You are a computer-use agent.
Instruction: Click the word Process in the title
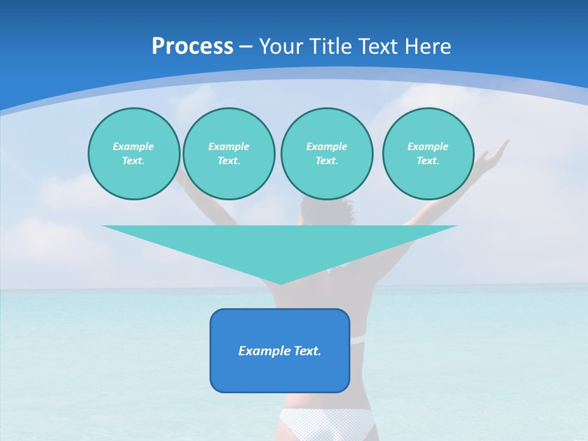[192, 47]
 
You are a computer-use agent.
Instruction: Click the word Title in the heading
[328, 47]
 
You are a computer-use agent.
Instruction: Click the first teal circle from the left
[134, 154]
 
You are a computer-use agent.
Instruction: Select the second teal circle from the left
[228, 154]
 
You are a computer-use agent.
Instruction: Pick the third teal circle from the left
[326, 154]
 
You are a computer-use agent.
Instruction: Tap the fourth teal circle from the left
[428, 154]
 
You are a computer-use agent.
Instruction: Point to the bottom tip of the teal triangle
[281, 283]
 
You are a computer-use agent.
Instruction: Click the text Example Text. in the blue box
[280, 351]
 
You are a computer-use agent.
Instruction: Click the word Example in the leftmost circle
[134, 146]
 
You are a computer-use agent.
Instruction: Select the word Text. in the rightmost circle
[428, 161]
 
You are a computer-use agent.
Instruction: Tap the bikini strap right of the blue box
[356, 339]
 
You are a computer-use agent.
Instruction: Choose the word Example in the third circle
[326, 146]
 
